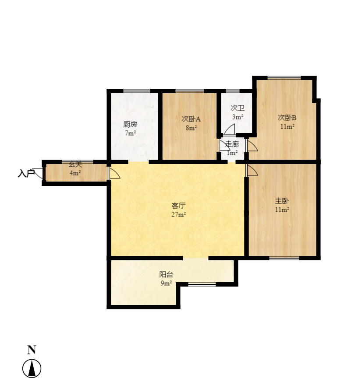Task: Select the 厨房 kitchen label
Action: click(130, 124)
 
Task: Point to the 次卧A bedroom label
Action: click(191, 119)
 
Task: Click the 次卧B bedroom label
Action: click(287, 118)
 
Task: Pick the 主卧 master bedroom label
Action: click(282, 201)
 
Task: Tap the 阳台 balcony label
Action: click(166, 275)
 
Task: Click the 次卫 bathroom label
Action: click(238, 108)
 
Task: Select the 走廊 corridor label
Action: click(232, 144)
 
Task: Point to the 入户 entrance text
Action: click(26, 173)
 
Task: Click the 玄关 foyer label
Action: click(75, 164)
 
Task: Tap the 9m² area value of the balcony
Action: click(166, 283)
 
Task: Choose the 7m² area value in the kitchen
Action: click(130, 133)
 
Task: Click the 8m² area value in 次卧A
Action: click(191, 128)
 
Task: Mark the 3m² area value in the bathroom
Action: click(238, 117)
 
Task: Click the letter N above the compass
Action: click(32, 350)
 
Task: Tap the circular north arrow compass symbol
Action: click(32, 368)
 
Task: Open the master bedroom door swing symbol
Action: click(252, 171)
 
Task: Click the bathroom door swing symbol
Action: click(229, 129)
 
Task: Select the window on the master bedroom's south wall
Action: click(284, 258)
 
